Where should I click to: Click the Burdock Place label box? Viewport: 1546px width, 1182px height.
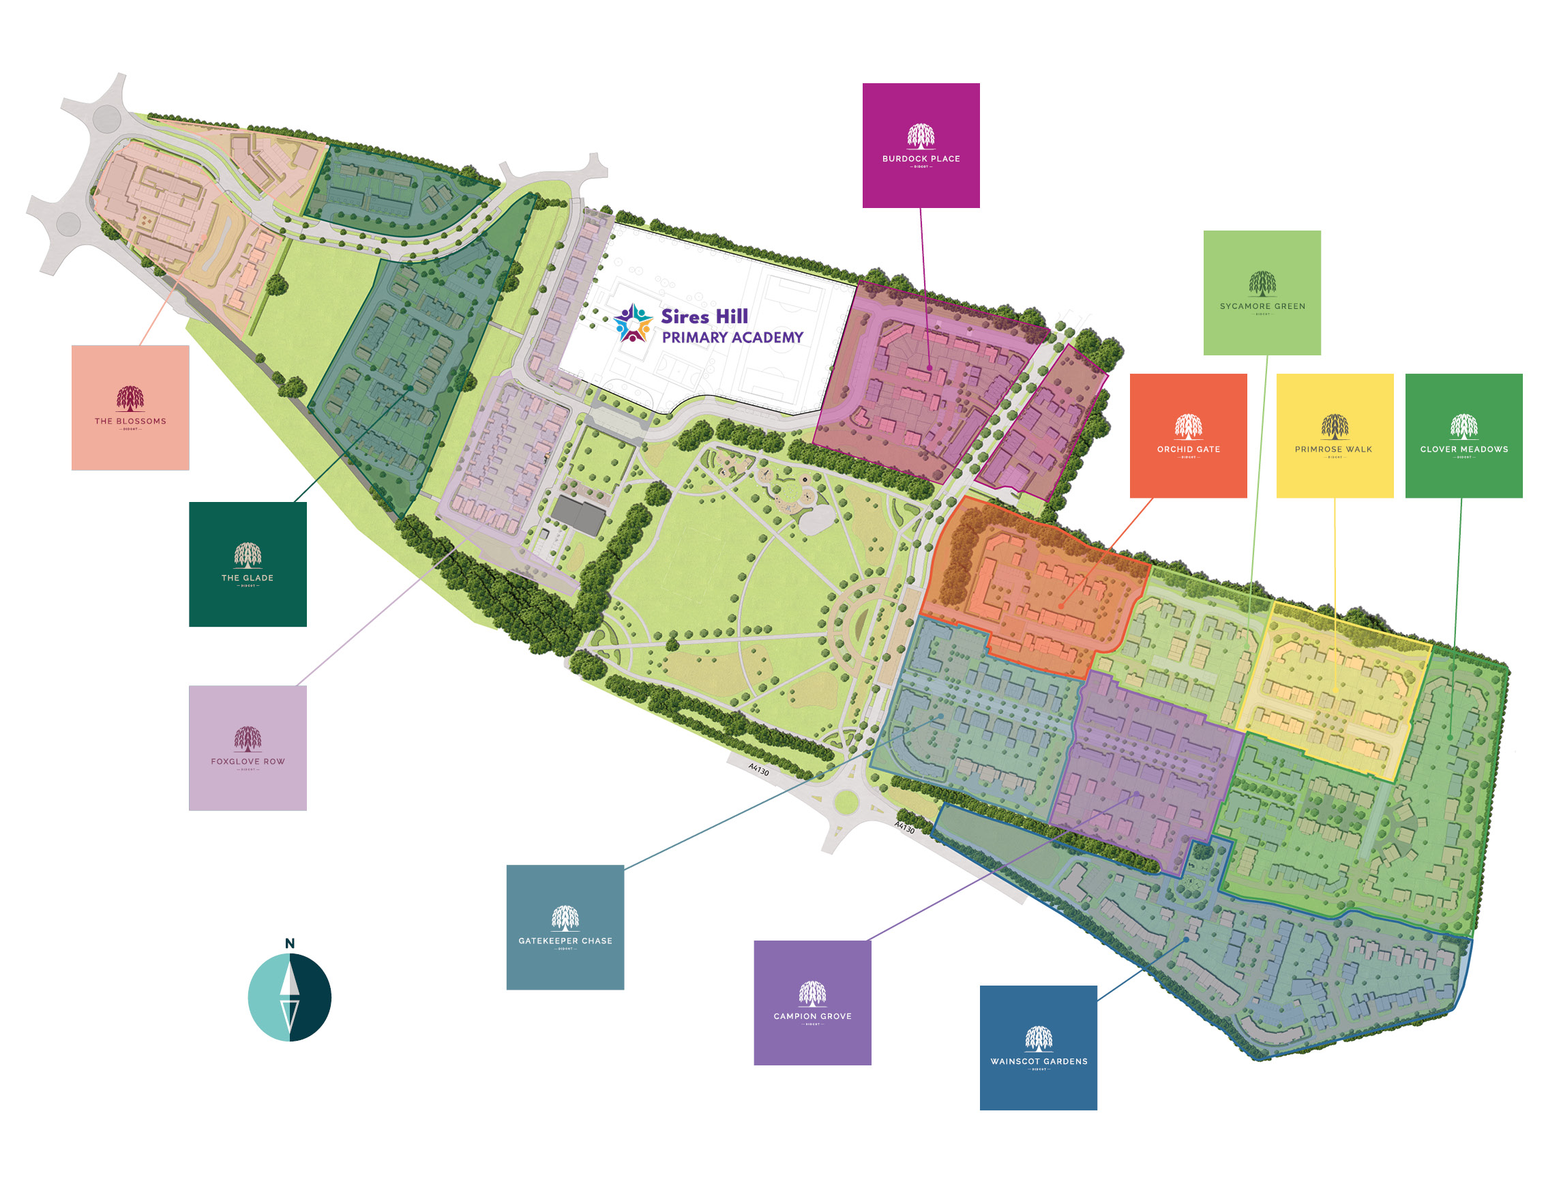pyautogui.click(x=921, y=146)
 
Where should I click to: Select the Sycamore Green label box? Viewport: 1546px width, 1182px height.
pyautogui.click(x=1262, y=293)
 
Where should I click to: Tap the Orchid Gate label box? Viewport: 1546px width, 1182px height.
pyautogui.click(x=1188, y=436)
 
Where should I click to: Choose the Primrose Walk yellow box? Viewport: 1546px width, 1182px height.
pyautogui.click(x=1335, y=436)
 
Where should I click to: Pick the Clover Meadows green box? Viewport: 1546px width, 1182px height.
pyautogui.click(x=1463, y=436)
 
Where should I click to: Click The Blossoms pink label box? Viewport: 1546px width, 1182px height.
pyautogui.click(x=130, y=407)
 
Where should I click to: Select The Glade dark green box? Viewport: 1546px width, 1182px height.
pyautogui.click(x=248, y=564)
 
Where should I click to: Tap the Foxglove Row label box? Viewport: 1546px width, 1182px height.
pyautogui.click(x=248, y=748)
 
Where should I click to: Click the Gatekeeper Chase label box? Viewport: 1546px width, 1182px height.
pyautogui.click(x=565, y=928)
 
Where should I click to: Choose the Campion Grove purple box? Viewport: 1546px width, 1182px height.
pyautogui.click(x=812, y=1003)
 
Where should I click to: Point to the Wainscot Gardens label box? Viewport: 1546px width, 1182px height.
pyautogui.click(x=1038, y=1048)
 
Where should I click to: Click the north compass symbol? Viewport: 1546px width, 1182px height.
pyautogui.click(x=290, y=997)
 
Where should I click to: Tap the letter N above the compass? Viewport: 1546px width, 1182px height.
pyautogui.click(x=290, y=943)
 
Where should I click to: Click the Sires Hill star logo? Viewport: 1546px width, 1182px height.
pyautogui.click(x=633, y=324)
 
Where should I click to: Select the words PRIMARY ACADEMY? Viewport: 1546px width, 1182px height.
pyautogui.click(x=732, y=338)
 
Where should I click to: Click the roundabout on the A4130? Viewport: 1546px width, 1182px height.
pyautogui.click(x=846, y=801)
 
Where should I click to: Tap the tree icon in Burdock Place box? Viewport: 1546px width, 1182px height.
pyautogui.click(x=921, y=136)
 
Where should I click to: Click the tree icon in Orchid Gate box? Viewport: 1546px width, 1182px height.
pyautogui.click(x=1188, y=426)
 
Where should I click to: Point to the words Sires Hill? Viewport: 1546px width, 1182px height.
pyautogui.click(x=704, y=316)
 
